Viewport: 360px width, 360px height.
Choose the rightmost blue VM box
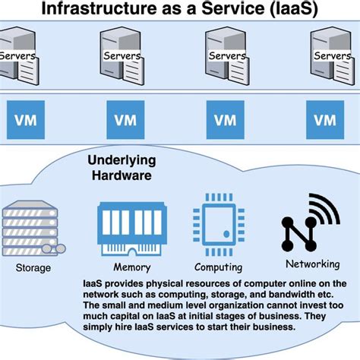point(325,119)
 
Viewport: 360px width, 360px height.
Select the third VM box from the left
point(226,119)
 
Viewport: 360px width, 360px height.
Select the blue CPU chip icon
point(218,226)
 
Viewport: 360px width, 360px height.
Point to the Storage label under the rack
point(33,267)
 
